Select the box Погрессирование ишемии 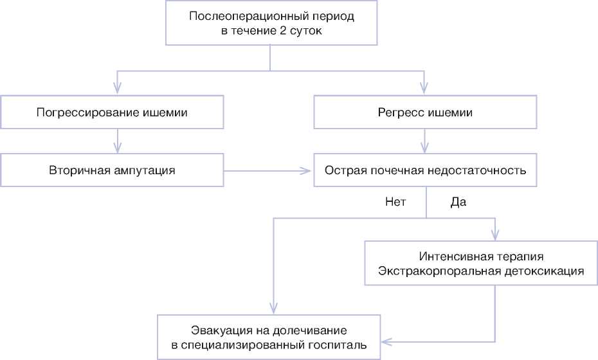[x=113, y=113]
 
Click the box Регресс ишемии [x=425, y=113]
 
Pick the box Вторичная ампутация [x=113, y=170]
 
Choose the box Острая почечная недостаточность [x=425, y=170]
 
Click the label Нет [x=395, y=202]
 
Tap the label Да [x=458, y=202]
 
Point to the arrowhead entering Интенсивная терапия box [x=494, y=235]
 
